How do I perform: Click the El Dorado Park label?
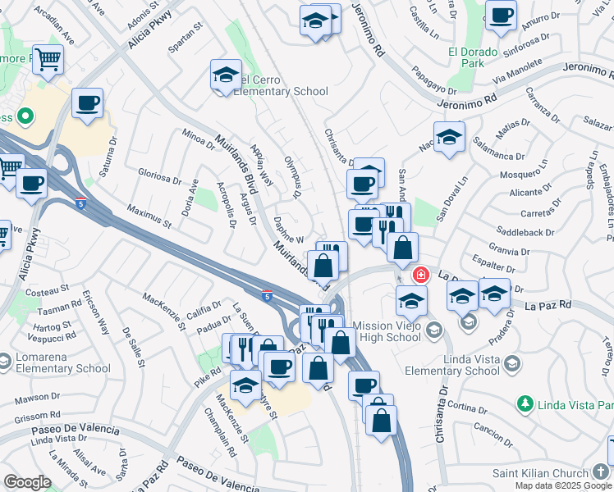472,58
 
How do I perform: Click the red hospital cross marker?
420,275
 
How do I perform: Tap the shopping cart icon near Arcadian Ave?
48,59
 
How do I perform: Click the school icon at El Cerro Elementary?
226,75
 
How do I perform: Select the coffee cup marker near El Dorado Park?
501,14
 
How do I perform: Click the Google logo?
27,482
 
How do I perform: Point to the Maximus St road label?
149,217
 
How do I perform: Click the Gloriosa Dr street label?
159,178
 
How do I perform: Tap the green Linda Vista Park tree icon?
525,403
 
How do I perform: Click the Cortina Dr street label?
469,408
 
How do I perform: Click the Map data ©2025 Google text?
563,485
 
